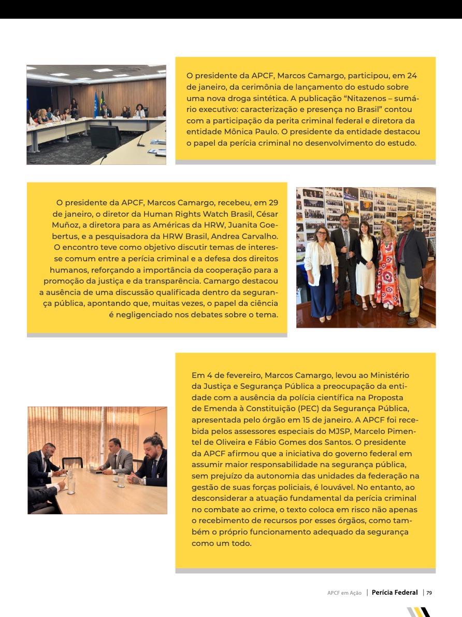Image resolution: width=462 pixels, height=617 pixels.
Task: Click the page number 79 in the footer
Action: [429, 593]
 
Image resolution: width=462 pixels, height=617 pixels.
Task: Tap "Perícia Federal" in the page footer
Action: [395, 593]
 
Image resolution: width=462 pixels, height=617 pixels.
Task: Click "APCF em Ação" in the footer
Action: [344, 593]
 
